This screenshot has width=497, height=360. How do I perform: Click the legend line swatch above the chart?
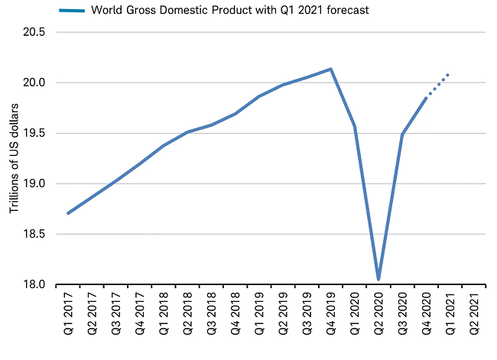[70, 11]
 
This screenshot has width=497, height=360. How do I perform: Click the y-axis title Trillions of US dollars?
[13, 158]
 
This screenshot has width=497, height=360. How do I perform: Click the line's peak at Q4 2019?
[330, 70]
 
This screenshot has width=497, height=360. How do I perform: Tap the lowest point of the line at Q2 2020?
[378, 279]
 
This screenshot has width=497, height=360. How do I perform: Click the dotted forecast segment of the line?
[437, 86]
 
